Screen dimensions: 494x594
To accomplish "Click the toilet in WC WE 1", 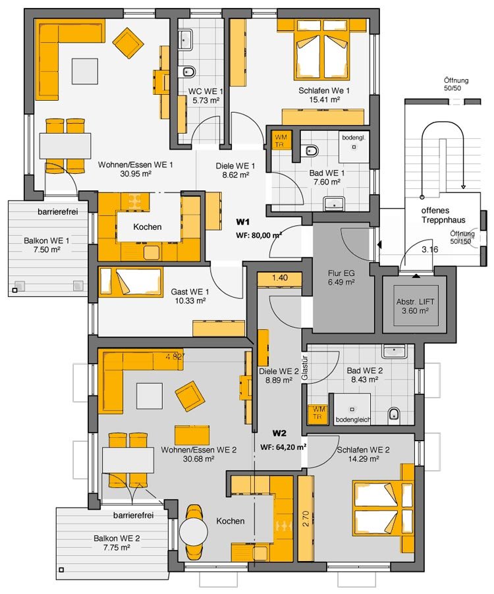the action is coord(188,71).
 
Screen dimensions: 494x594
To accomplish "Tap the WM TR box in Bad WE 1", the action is coord(281,140).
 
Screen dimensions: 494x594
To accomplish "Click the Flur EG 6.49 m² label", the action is coord(341,277).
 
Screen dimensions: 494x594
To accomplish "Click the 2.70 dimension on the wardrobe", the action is coord(306,519).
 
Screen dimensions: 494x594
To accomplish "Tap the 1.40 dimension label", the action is coord(279,278).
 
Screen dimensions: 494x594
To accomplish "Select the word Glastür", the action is coord(305,367).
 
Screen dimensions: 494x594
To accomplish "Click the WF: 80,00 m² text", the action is coord(259,235).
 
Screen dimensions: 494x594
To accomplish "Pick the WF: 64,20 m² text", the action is coord(283,447).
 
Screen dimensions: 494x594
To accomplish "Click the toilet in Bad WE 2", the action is coord(394,414).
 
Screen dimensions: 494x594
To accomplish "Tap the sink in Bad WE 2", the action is coord(394,351).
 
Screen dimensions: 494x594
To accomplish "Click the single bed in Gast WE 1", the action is coord(131,281).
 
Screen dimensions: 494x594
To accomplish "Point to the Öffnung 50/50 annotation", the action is coord(456,84).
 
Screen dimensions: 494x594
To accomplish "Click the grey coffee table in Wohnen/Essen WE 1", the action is coord(85,71).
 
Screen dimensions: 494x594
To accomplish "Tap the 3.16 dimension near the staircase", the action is coord(430,250).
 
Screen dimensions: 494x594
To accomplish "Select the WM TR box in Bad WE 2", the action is coord(318,412).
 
